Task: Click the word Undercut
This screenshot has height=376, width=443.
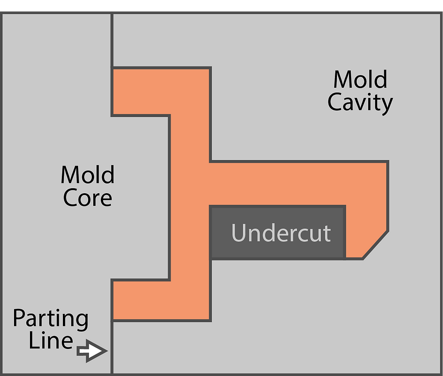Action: [281, 233]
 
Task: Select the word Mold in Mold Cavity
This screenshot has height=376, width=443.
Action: [360, 80]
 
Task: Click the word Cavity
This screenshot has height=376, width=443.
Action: [360, 102]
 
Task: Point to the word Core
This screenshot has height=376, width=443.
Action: [87, 198]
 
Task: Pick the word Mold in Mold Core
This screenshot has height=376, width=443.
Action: [87, 175]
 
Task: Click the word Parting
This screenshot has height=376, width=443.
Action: [50, 320]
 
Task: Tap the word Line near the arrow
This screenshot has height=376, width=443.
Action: [50, 341]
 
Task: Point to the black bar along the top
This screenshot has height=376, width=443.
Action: [221, 5]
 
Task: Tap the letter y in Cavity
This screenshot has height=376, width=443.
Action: [386, 105]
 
